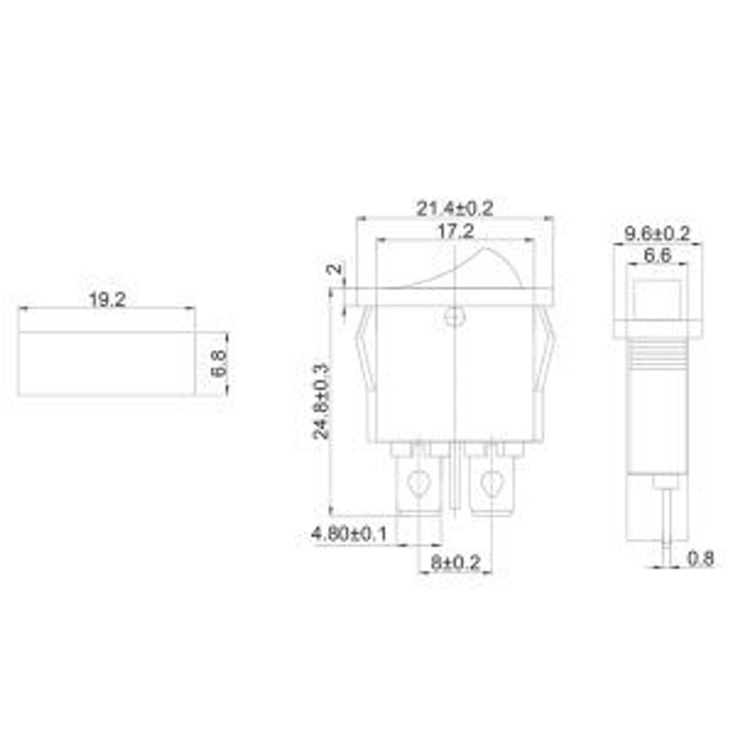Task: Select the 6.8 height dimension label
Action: coord(218,363)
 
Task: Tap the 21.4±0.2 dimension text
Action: coord(455,209)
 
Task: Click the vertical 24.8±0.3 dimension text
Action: coord(321,401)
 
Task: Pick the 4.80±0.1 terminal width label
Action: coord(349,534)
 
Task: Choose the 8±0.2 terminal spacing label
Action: coord(455,563)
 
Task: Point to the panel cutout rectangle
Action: coord(107,364)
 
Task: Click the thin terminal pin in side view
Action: coord(666,522)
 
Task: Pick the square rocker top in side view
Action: coord(651,300)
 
